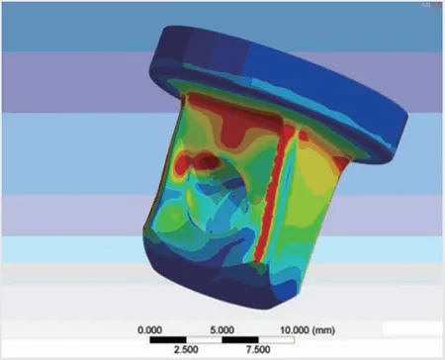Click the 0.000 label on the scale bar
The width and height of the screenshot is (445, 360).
[149, 329]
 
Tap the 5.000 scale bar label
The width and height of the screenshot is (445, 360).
[222, 329]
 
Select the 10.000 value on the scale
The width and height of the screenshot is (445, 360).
[296, 329]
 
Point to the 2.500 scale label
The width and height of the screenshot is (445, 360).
[186, 349]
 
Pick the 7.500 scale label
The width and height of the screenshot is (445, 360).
[258, 349]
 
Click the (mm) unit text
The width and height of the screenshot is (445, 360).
[324, 329]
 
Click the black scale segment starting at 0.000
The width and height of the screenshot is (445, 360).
[168, 340]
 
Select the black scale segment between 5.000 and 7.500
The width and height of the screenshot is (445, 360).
[240, 340]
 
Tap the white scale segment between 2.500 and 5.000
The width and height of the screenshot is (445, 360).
[205, 340]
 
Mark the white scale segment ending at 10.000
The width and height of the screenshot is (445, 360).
[277, 340]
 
